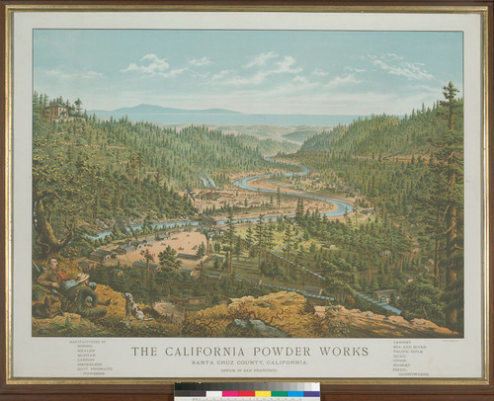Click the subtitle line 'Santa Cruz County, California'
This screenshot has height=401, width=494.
pos(246,363)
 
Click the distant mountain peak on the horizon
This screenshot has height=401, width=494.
pos(148,108)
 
